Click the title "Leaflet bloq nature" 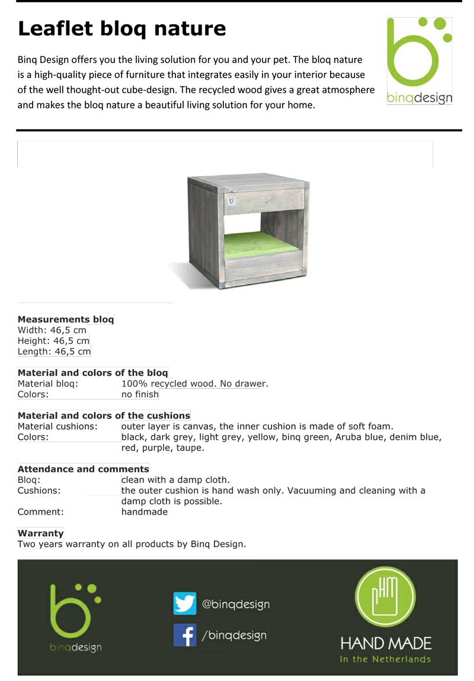point(121,28)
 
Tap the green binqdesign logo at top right point(419,60)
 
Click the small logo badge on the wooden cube point(232,200)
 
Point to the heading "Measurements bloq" point(66,319)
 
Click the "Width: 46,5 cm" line point(52,330)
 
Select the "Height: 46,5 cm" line point(53,341)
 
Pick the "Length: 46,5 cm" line point(54,351)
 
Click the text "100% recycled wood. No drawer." point(194,383)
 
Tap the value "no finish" point(140,394)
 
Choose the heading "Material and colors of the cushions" point(104,415)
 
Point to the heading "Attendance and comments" point(83,469)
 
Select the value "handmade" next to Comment point(144,511)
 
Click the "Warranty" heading point(40,533)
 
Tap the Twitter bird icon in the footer point(185,603)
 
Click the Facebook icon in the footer point(185,635)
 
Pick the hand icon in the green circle point(386,597)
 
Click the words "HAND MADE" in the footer point(386,643)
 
